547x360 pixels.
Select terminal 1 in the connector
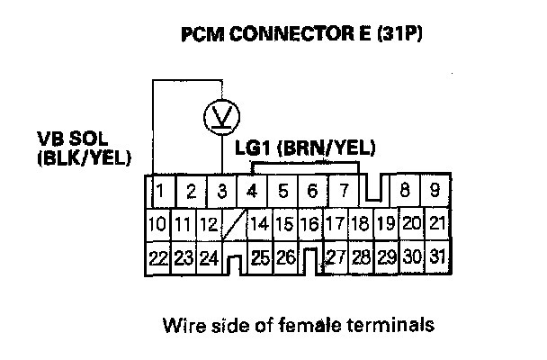[159, 190]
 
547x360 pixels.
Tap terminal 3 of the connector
[221, 190]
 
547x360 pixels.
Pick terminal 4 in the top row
[253, 190]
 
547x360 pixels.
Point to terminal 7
[342, 190]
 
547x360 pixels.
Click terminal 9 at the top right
[434, 190]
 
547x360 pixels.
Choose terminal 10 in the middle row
[157, 223]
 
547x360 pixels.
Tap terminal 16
[310, 223]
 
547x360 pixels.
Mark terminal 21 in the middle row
[437, 223]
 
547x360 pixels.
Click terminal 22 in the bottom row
[157, 257]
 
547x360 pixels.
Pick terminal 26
[286, 257]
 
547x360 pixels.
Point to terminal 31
[438, 257]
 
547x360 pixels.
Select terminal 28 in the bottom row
[362, 257]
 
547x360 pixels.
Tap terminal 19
[387, 223]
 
